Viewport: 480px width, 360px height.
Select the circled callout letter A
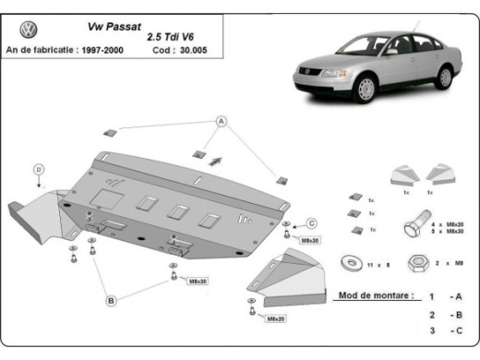(x=222, y=121)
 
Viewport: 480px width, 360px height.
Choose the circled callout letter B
(x=110, y=300)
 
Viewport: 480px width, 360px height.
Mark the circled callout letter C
(x=311, y=222)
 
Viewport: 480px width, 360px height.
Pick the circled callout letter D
(x=39, y=169)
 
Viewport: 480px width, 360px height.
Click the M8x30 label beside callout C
(x=309, y=240)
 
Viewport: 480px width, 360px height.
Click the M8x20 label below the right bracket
(x=275, y=318)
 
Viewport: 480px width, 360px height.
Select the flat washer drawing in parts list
(x=351, y=263)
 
